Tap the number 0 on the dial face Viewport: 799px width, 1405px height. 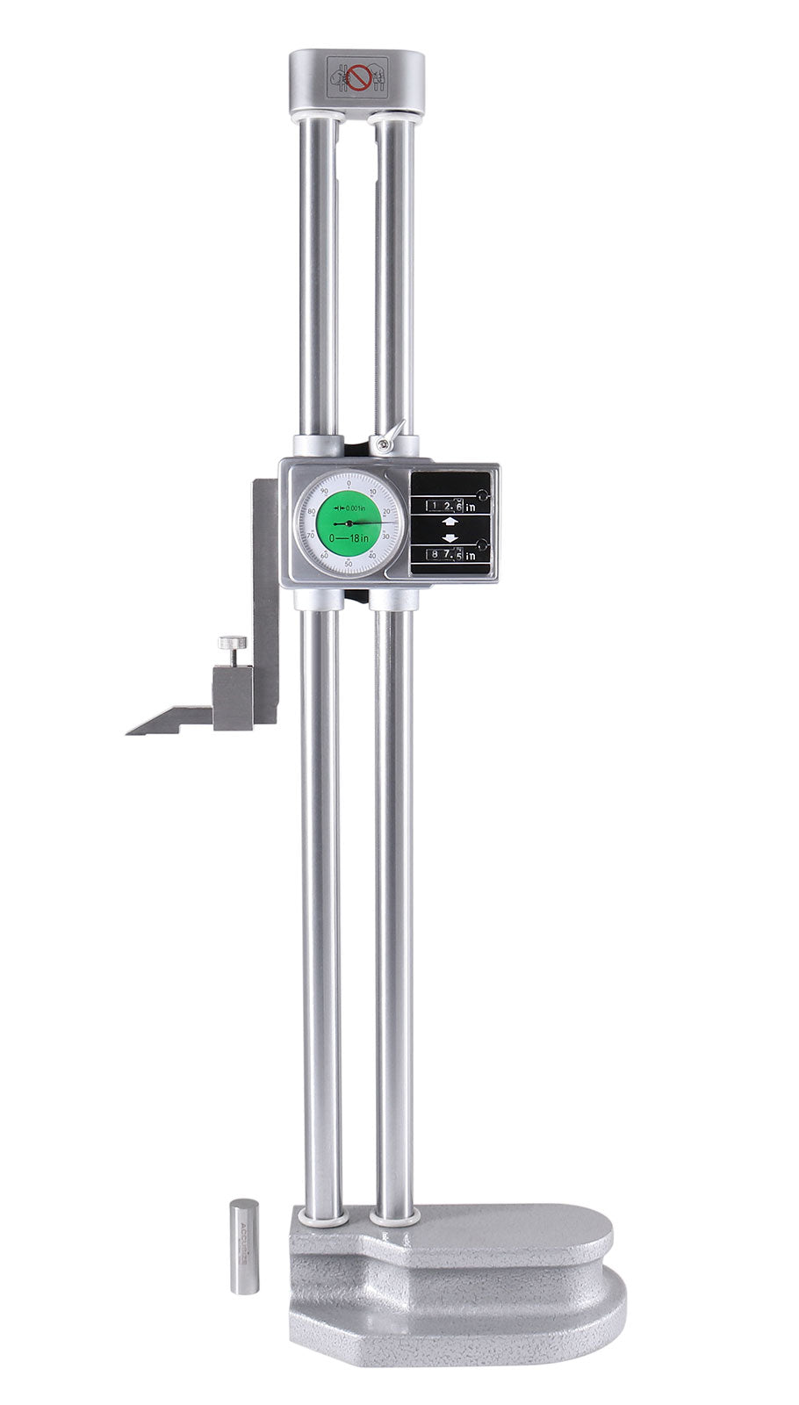[349, 483]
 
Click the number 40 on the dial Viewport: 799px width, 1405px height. [372, 554]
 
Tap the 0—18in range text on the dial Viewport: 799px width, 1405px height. [349, 537]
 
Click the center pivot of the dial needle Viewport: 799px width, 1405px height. [349, 522]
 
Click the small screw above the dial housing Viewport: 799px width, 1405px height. [384, 445]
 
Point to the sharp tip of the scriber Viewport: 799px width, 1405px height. [129, 731]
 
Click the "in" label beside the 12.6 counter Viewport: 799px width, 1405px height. [471, 507]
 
